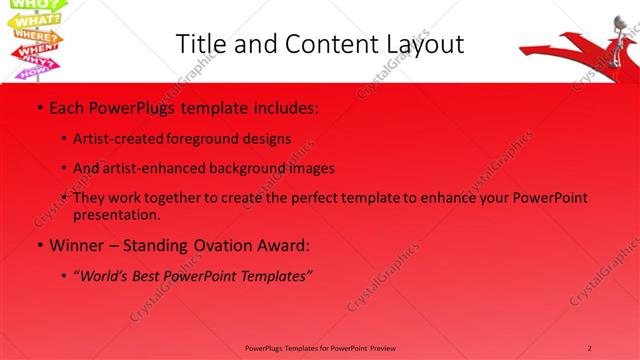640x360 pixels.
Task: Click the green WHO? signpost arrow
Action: tap(21, 5)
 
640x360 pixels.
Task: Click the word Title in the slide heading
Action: tap(199, 44)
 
